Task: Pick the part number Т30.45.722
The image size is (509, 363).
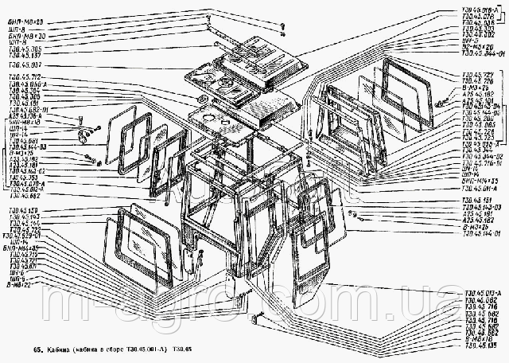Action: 22,229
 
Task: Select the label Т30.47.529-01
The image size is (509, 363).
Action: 21,236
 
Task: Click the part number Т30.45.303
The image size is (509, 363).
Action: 476,26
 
